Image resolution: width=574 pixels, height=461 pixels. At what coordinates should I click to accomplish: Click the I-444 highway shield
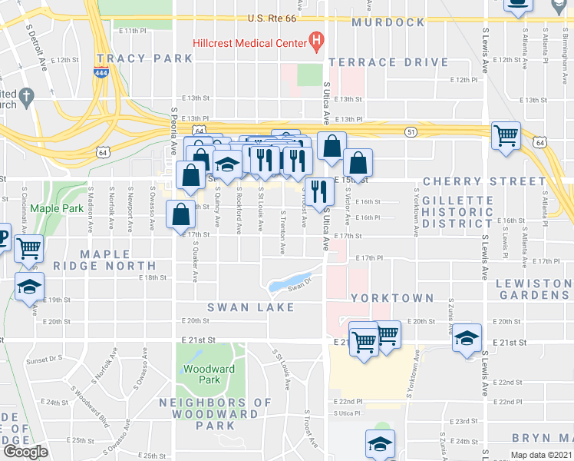101,72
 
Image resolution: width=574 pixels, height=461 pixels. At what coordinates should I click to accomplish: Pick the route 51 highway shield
411,132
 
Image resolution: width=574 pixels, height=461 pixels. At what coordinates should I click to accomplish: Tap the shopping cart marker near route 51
506,138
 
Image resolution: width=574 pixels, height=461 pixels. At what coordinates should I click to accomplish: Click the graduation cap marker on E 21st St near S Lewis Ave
467,338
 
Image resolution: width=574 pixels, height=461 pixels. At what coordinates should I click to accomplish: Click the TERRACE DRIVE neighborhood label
388,62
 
